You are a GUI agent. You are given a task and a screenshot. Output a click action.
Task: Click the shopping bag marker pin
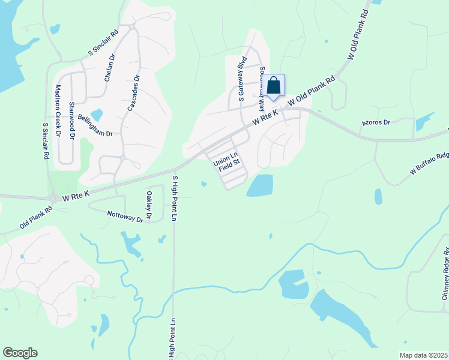(x=274, y=85)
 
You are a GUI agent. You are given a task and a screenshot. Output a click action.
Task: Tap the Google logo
(x=20, y=353)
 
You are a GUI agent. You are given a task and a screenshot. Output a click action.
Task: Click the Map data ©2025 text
(x=424, y=355)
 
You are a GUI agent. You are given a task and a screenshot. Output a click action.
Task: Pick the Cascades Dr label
(x=133, y=94)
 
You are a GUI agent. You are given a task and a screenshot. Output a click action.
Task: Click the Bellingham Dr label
(x=95, y=125)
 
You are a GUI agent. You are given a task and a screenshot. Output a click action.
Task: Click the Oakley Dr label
(x=149, y=205)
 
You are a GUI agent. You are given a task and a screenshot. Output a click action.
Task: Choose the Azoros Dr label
(x=376, y=122)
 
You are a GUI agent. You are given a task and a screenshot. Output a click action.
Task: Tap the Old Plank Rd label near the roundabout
(x=36, y=217)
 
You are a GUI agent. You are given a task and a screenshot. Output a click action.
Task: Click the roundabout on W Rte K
(x=54, y=198)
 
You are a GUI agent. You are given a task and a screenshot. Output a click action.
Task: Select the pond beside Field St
(x=259, y=185)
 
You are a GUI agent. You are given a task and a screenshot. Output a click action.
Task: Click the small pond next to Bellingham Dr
(x=97, y=114)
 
